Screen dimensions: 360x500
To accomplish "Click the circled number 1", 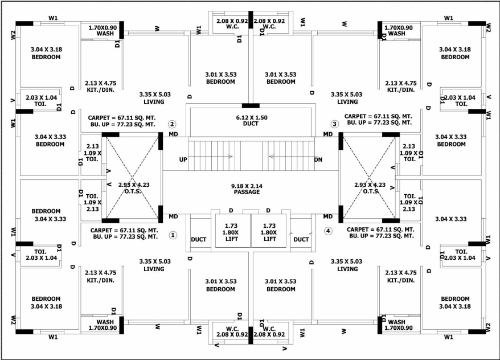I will click(174, 235).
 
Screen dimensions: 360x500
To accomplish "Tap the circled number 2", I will click(172, 124).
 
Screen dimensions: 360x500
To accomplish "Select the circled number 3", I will click(334, 124).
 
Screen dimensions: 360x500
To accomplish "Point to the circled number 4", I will click(327, 231).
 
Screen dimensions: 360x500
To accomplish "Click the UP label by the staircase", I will click(183, 159).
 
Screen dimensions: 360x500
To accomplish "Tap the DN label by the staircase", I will click(318, 159).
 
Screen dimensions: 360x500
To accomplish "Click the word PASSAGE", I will click(246, 192).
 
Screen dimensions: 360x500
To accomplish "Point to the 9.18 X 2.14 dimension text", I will click(246, 185).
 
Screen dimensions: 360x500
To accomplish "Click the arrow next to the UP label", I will click(219, 156).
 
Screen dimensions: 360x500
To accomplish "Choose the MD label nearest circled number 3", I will click(328, 134).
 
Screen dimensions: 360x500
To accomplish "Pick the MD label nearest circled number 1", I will click(173, 216).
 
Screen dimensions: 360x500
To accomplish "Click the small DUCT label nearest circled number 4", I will click(301, 239).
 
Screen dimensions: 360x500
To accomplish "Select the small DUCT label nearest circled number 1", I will click(199, 239).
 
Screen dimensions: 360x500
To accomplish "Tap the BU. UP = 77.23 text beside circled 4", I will click(379, 236).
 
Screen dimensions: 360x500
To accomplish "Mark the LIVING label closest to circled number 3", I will click(347, 102).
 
